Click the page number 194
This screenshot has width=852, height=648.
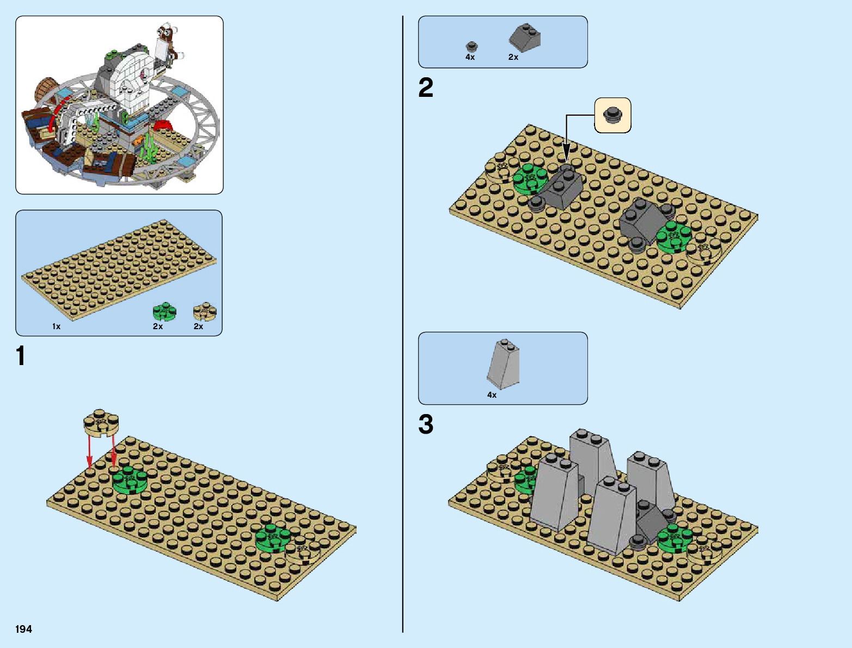pyautogui.click(x=24, y=629)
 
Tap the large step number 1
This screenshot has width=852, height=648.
pyautogui.click(x=21, y=356)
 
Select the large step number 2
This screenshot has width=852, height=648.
pyautogui.click(x=426, y=88)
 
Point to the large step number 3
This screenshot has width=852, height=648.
pyautogui.click(x=426, y=424)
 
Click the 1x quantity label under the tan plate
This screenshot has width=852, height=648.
pyautogui.click(x=56, y=326)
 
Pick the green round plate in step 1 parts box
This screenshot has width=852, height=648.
pyautogui.click(x=164, y=312)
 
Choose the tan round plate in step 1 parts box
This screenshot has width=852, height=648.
pyautogui.click(x=205, y=312)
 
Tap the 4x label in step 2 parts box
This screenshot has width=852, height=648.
pyautogui.click(x=470, y=57)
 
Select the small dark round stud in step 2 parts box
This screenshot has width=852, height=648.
pyautogui.click(x=471, y=46)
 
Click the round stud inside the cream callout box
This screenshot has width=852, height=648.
pyautogui.click(x=613, y=115)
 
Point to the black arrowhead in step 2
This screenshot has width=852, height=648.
pyautogui.click(x=566, y=153)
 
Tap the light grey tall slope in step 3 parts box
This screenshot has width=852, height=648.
pyautogui.click(x=504, y=363)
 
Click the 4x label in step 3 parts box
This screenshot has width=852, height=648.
pyautogui.click(x=492, y=395)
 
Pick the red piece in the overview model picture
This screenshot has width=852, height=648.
pyautogui.click(x=162, y=126)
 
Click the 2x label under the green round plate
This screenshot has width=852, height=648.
pyautogui.click(x=158, y=326)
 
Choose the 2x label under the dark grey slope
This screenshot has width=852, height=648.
pyautogui.click(x=513, y=57)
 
